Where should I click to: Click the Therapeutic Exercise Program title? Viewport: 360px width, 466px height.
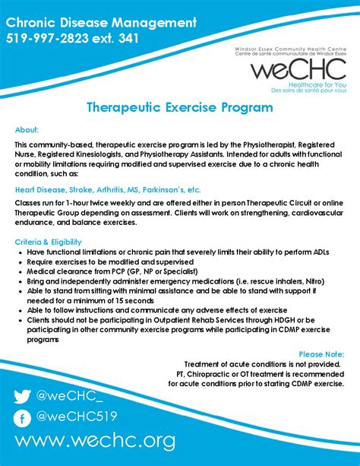click(x=179, y=107)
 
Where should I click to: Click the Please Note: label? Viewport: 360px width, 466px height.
click(x=321, y=353)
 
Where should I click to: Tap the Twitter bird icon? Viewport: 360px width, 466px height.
click(x=23, y=396)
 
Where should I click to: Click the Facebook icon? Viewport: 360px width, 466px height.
click(x=23, y=417)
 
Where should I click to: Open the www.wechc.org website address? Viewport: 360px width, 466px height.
click(x=95, y=442)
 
